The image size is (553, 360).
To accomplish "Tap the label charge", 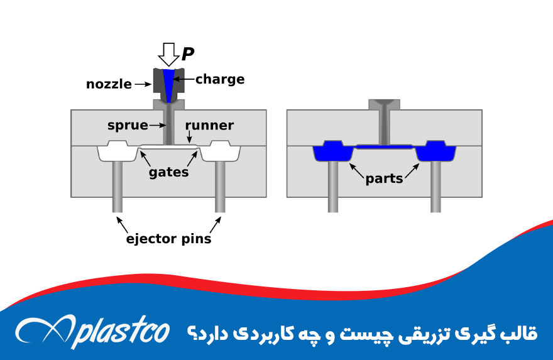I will point(219,79).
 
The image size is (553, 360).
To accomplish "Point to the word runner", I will point(209,126).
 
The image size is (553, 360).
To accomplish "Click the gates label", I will point(168,172).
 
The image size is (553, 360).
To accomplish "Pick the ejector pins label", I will point(168,239).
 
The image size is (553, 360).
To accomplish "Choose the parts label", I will point(384,178).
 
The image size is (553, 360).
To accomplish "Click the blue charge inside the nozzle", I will point(168,82).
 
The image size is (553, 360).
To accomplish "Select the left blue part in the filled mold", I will point(332,151).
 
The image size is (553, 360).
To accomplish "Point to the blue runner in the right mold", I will point(384,146).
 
